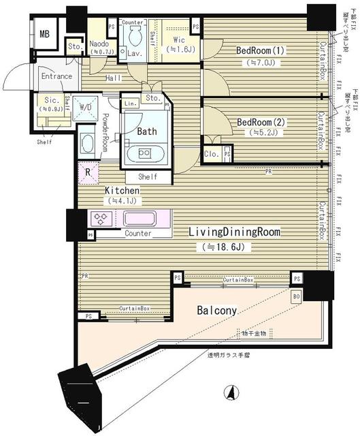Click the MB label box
tap(44, 33)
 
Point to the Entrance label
tap(56, 76)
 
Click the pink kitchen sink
tap(139, 219)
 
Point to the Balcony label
tap(217, 311)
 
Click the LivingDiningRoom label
tap(235, 232)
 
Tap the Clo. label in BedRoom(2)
tap(212, 154)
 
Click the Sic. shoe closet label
tap(48, 102)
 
